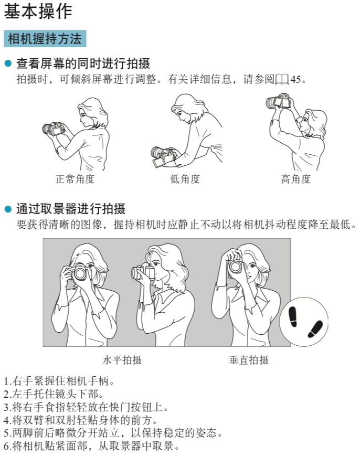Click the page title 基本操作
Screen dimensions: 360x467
[38, 12]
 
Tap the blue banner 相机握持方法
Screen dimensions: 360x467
[45, 39]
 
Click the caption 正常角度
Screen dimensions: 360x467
[75, 179]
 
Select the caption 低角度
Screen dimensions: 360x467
[185, 179]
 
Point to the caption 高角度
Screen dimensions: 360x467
[295, 179]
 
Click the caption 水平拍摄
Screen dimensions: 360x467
[122, 360]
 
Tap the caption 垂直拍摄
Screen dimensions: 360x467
[249, 360]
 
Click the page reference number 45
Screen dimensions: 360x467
[295, 80]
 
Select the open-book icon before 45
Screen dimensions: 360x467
[282, 80]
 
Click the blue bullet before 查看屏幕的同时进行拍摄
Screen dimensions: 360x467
[8, 63]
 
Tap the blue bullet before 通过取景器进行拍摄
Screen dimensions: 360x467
[8, 209]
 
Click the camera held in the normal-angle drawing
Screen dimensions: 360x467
[54, 129]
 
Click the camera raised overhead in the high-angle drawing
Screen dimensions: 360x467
[279, 101]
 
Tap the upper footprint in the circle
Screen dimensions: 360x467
[293, 316]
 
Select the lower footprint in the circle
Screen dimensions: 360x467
[315, 329]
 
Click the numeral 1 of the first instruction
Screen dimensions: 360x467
[6, 381]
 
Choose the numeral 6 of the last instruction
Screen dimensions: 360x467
[6, 446]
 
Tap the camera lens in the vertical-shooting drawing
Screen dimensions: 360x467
[235, 267]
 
